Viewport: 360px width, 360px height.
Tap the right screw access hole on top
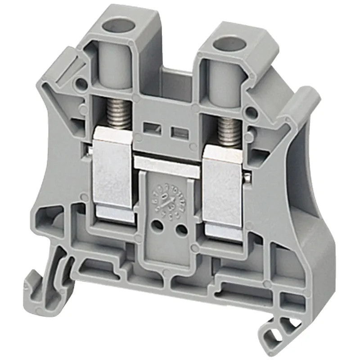coord(222,45)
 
